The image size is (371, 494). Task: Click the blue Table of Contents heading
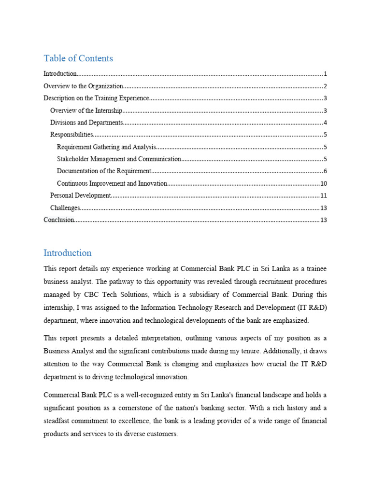click(78, 58)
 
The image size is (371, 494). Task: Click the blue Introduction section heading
click(68, 253)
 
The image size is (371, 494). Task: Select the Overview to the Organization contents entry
click(83, 86)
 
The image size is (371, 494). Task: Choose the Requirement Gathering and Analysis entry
click(107, 147)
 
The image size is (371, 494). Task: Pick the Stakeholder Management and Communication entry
click(119, 159)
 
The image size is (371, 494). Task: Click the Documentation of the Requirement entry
click(104, 171)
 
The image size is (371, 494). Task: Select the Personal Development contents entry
click(81, 195)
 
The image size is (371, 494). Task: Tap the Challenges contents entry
click(65, 208)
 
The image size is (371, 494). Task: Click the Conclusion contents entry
click(59, 220)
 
